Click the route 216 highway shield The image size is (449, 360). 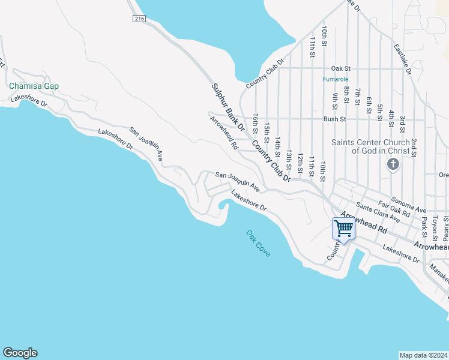pyautogui.click(x=140, y=19)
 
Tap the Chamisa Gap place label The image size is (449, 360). pyautogui.click(x=34, y=86)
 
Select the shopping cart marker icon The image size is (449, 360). pyautogui.click(x=343, y=228)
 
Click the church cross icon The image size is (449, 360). pyautogui.click(x=393, y=164)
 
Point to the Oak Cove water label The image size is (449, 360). pyautogui.click(x=258, y=244)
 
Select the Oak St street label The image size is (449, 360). pyautogui.click(x=340, y=68)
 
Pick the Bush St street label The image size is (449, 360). pyautogui.click(x=334, y=119)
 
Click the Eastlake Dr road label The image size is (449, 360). pyautogui.click(x=402, y=58)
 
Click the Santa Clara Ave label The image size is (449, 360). pyautogui.click(x=378, y=212)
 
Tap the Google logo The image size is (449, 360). pyautogui.click(x=20, y=353)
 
